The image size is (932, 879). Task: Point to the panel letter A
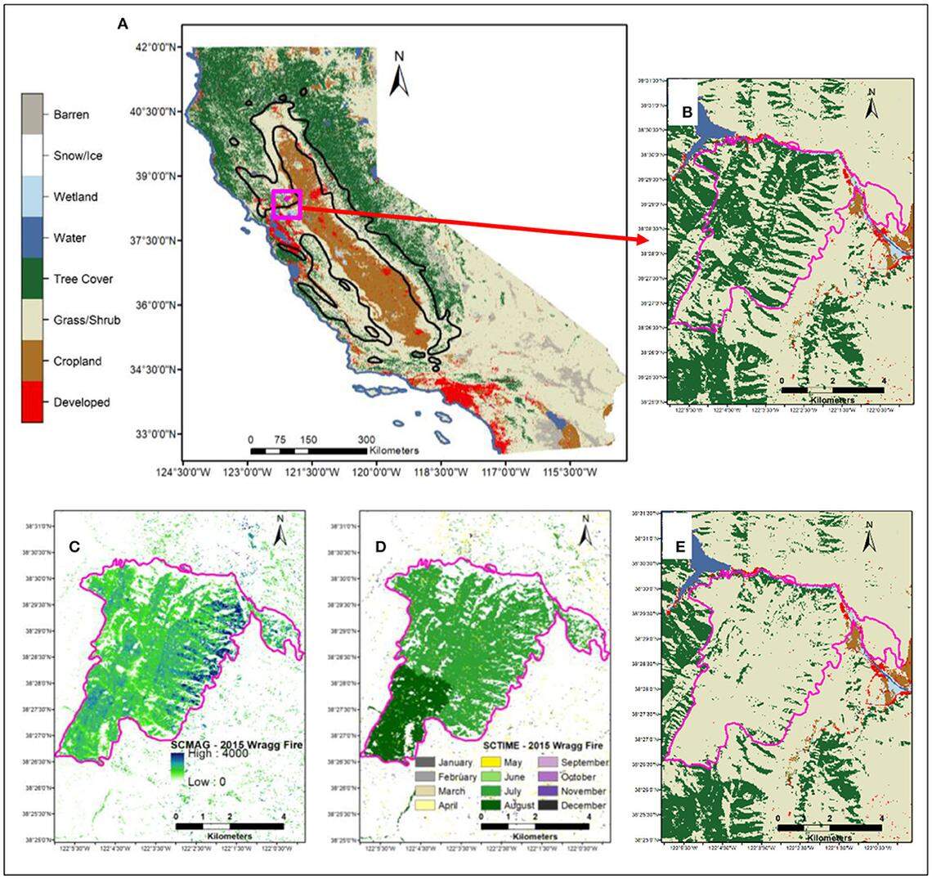click(123, 25)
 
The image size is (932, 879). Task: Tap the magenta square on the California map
click(287, 204)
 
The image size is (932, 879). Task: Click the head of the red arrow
click(642, 239)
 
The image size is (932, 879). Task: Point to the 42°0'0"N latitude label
click(157, 47)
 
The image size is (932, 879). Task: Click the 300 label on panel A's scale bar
click(366, 439)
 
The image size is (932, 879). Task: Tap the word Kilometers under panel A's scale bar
click(394, 451)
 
